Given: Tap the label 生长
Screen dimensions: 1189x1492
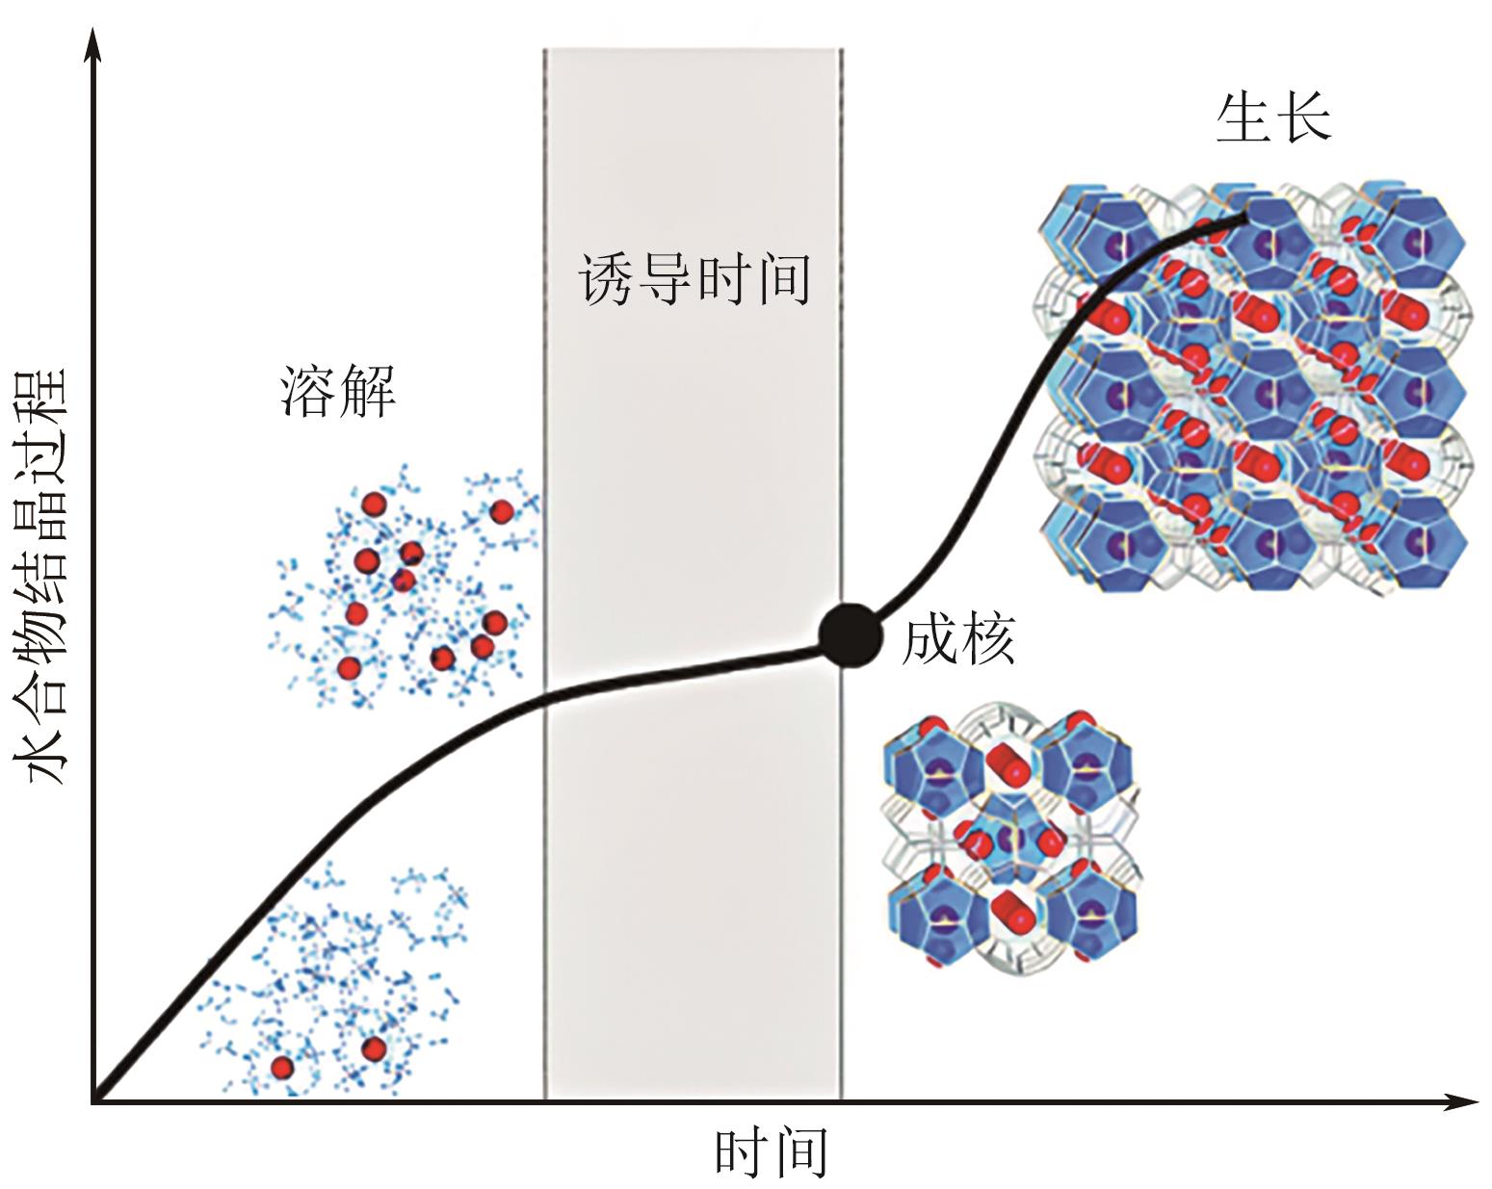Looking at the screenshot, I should (x=1272, y=117).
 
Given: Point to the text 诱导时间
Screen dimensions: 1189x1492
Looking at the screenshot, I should (x=694, y=279).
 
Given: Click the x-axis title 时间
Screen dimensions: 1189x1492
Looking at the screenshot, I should (x=771, y=1152).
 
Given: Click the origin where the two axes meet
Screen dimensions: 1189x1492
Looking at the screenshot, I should (x=93, y=1099).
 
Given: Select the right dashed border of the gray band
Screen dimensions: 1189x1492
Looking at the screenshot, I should (x=842, y=385).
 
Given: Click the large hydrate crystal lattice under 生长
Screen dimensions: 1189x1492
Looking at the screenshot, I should (x=1252, y=385).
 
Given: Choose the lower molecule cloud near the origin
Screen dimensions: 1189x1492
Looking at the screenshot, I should (x=337, y=982).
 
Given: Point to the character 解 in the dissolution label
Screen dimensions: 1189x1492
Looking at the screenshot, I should (x=367, y=392).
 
